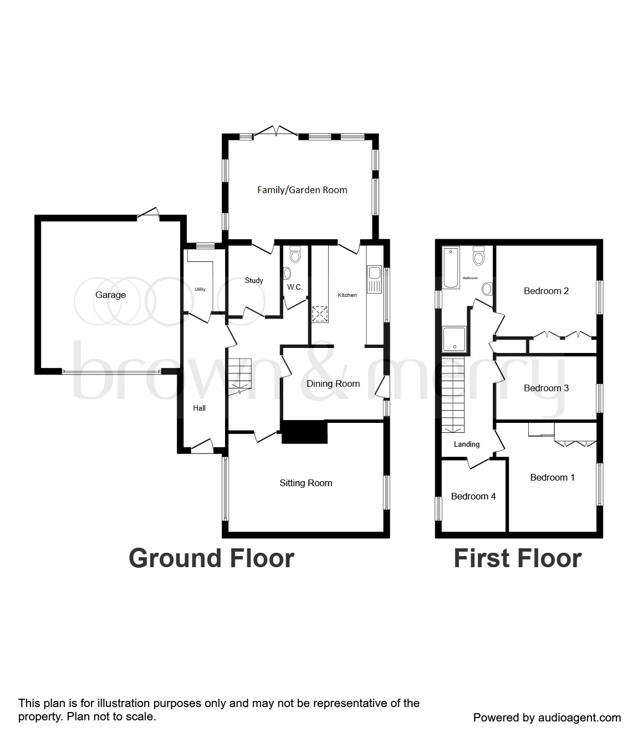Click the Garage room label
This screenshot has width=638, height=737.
[x=110, y=295]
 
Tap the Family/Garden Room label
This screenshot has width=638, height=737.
[x=302, y=190]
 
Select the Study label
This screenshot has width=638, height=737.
[x=254, y=280]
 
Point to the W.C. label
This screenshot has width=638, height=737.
[x=294, y=287]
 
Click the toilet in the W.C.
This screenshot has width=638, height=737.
[x=295, y=255]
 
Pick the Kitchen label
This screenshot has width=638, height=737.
[x=348, y=295]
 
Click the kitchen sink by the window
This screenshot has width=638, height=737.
[x=374, y=279]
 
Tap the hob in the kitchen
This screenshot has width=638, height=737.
[x=319, y=314]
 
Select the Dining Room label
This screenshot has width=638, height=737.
[x=333, y=383]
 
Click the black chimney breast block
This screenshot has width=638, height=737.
[x=304, y=432]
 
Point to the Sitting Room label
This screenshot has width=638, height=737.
[x=306, y=483]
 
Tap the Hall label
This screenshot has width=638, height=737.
[x=199, y=408]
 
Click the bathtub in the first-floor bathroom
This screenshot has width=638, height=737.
[x=451, y=267]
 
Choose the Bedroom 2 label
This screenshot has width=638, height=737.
[x=546, y=291]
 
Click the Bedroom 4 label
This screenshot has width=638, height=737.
[x=473, y=496]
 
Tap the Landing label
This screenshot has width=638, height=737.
[x=466, y=444]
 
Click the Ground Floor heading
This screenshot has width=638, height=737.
[x=211, y=558]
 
